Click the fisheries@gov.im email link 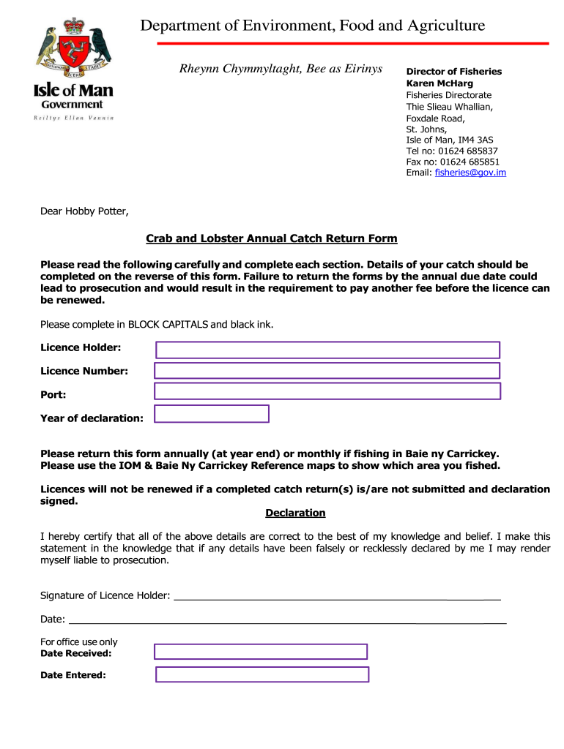pyautogui.click(x=470, y=173)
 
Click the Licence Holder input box pyautogui.click(x=327, y=350)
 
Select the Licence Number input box pyautogui.click(x=327, y=371)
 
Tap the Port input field pyautogui.click(x=327, y=391)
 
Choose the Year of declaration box pyautogui.click(x=212, y=414)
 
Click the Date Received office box pyautogui.click(x=261, y=652)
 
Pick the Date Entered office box pyautogui.click(x=262, y=674)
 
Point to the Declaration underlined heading pyautogui.click(x=295, y=513)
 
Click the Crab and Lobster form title pyautogui.click(x=271, y=238)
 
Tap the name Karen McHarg pyautogui.click(x=439, y=83)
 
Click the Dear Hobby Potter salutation pyautogui.click(x=84, y=212)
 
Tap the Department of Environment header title pyautogui.click(x=313, y=26)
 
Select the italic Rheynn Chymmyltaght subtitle pyautogui.click(x=281, y=69)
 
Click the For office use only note pyautogui.click(x=78, y=642)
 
